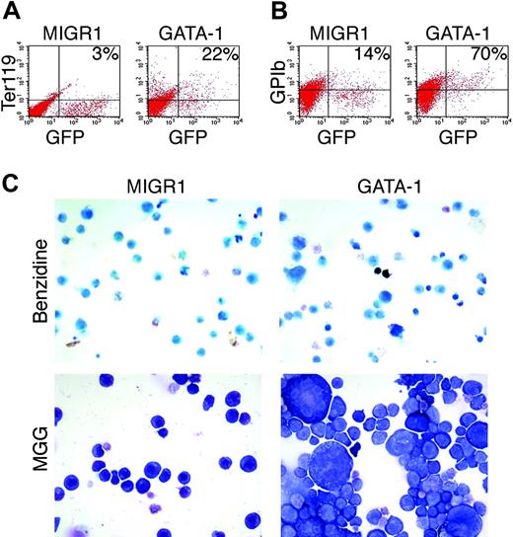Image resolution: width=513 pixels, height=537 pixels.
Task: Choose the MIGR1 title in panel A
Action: (x=74, y=22)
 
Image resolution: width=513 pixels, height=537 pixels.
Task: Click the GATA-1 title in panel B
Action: (x=452, y=22)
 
